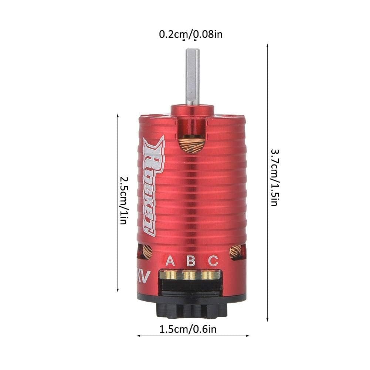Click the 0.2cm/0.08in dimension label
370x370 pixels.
[x=190, y=35]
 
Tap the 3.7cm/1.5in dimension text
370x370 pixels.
[x=274, y=177]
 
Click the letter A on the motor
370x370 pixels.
[x=170, y=261]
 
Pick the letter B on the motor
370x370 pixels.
[x=191, y=261]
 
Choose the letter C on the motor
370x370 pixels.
[x=213, y=261]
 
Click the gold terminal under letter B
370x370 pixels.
[x=190, y=275]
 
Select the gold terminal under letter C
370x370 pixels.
[x=210, y=275]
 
